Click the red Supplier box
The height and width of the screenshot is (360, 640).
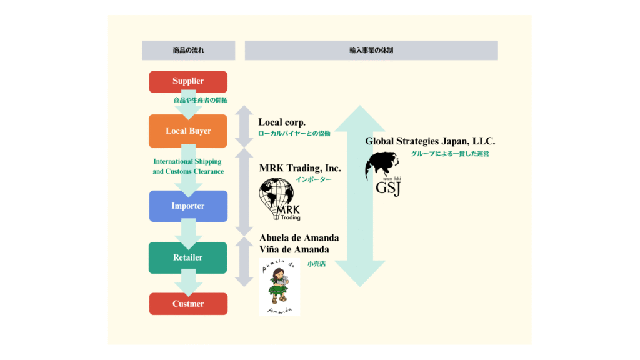pos(188,82)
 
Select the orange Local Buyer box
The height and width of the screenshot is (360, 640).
pos(188,131)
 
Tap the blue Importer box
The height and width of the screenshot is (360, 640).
pos(188,206)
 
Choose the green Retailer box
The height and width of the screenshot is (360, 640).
pos(188,257)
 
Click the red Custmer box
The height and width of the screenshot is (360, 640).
pos(188,304)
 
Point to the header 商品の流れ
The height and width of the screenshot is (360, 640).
pos(189,50)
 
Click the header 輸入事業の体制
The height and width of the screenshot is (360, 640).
pos(371,50)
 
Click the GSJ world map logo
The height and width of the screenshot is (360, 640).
pos(383,174)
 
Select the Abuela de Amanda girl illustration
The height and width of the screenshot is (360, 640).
pos(279,287)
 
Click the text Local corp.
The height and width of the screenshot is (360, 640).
pos(282,122)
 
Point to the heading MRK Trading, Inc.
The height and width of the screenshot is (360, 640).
pos(300,167)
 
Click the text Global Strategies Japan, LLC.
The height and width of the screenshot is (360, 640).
pos(430,141)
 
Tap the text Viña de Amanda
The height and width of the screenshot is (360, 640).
pos(294,249)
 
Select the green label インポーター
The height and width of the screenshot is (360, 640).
pos(314,179)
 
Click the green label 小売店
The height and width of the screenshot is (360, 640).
pos(317,264)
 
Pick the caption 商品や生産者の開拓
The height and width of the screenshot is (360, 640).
pos(201,100)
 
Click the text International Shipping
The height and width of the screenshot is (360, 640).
pos(187,161)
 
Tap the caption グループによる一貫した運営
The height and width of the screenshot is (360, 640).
pos(450,154)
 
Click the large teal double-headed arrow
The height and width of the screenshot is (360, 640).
pos(360,196)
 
